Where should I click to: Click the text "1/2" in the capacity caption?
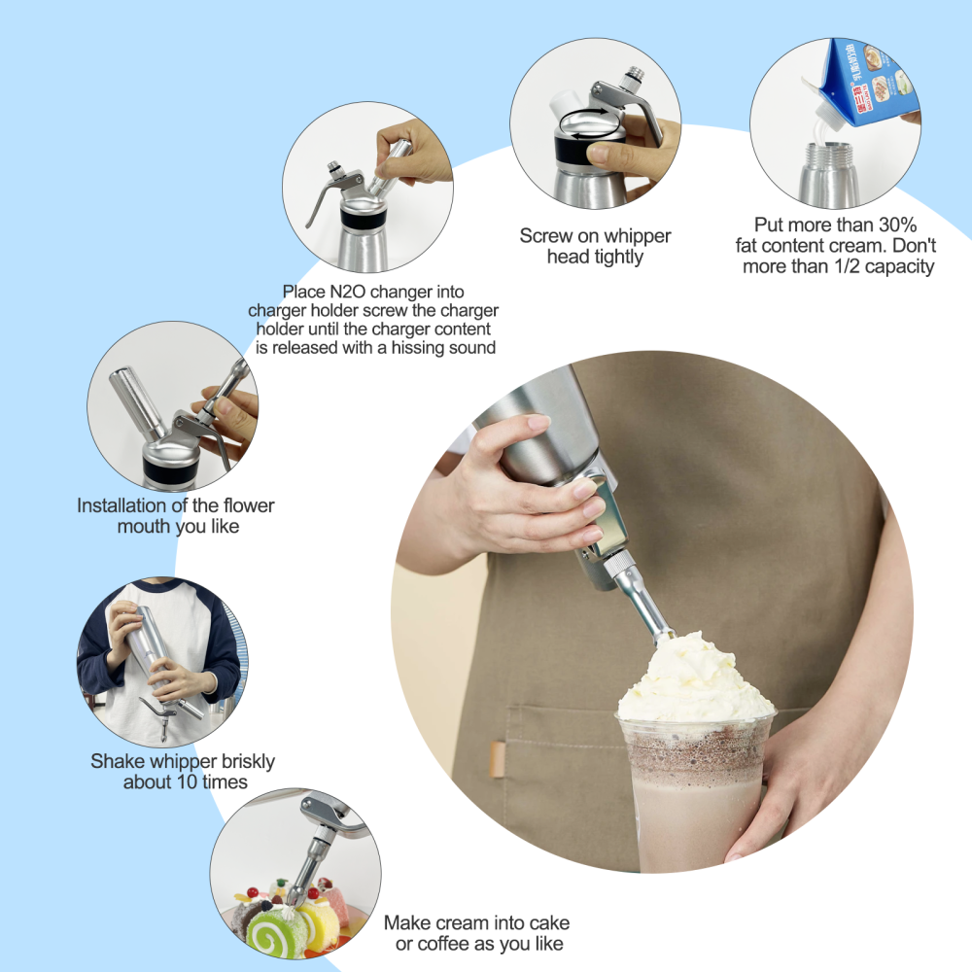840,266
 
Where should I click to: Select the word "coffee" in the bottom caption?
447,944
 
